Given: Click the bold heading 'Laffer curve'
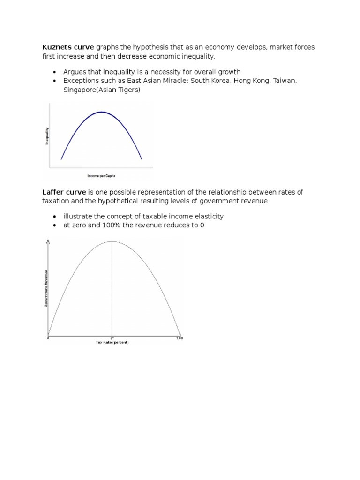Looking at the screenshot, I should [x=64, y=192].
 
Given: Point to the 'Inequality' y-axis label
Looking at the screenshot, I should [x=47, y=136].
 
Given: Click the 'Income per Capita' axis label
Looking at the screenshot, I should [x=101, y=175].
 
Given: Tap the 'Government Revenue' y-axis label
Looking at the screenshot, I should [x=45, y=291].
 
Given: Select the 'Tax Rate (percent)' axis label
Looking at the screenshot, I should [x=112, y=342].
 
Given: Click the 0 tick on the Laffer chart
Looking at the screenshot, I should [x=48, y=338].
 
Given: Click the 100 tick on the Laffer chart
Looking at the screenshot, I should [x=180, y=338].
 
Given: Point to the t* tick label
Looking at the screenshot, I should [x=112, y=338].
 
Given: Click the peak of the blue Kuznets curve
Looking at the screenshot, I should [x=102, y=112].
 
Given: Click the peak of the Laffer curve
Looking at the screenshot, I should [x=112, y=241].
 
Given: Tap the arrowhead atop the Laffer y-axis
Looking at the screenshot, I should [x=47, y=241].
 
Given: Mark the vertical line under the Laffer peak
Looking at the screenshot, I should [x=112, y=291].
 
